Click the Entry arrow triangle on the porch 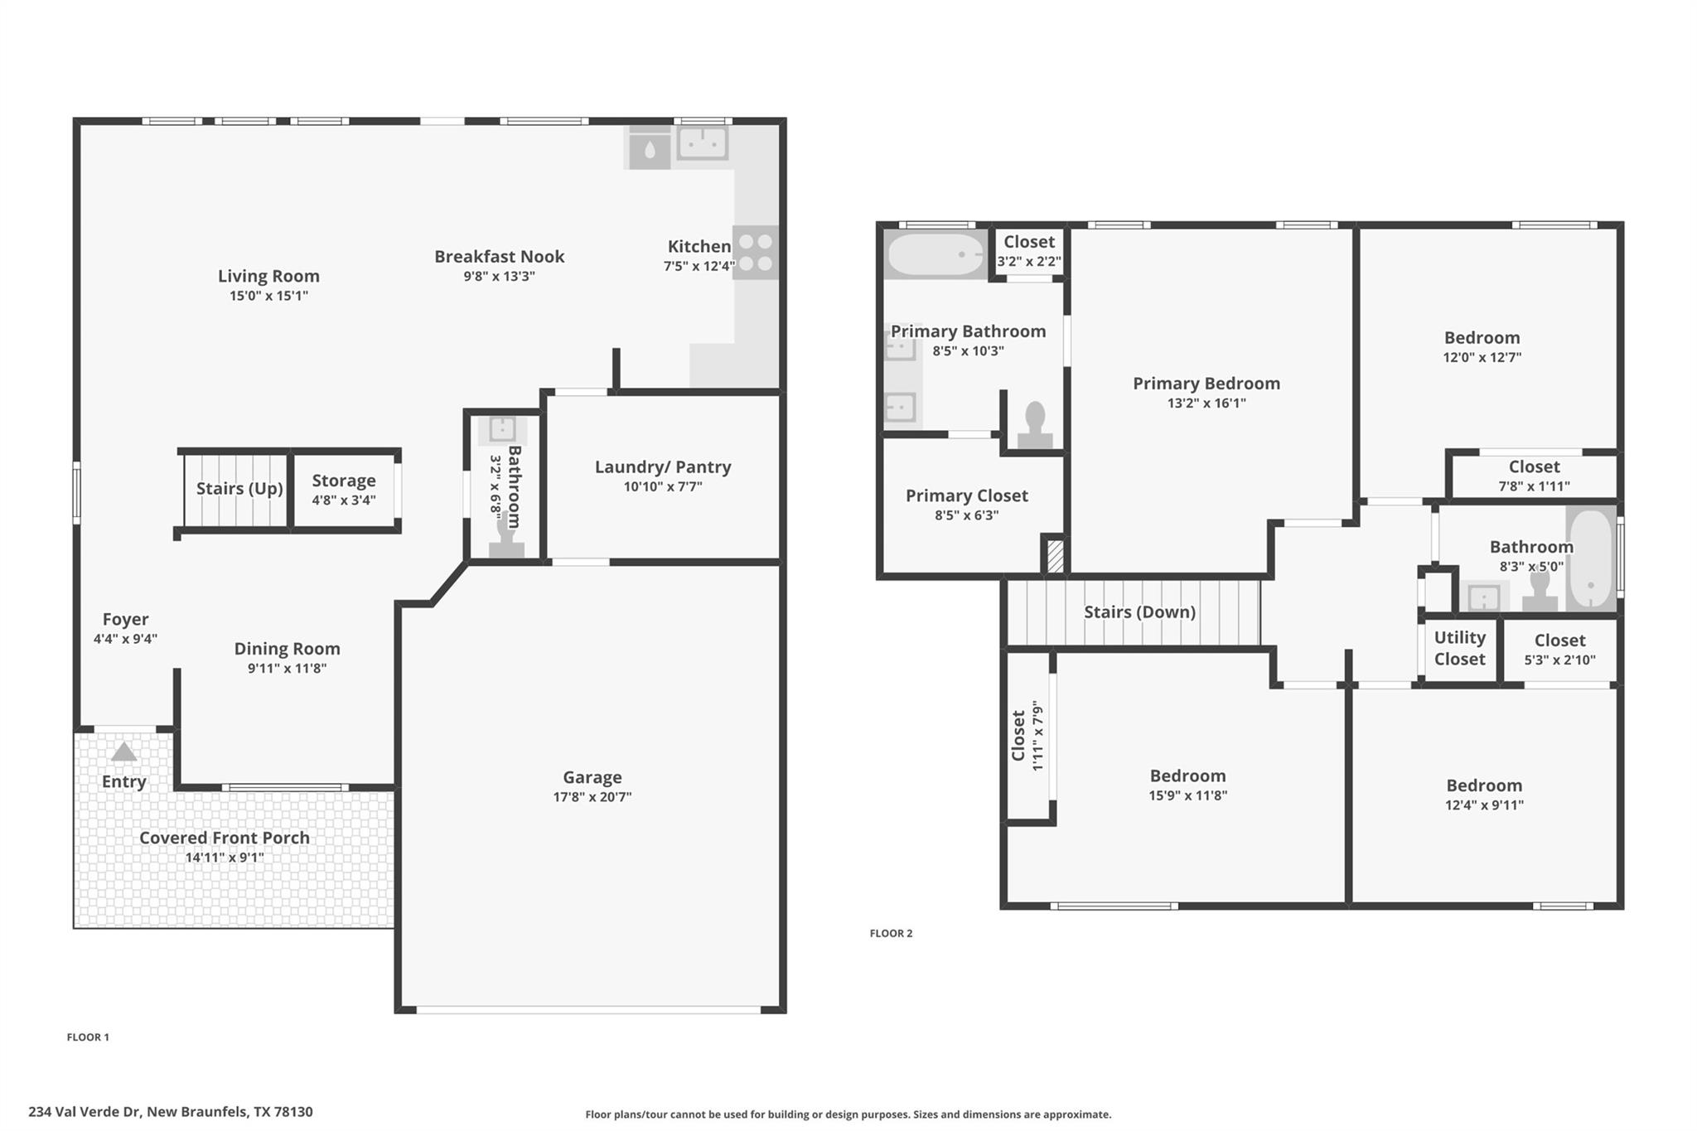click(123, 752)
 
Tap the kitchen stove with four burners click(755, 253)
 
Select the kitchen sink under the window click(703, 143)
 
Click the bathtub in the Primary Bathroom click(936, 254)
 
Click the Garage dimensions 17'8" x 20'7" click(592, 797)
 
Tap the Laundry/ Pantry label click(663, 467)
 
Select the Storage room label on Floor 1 click(344, 481)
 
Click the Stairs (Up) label click(239, 489)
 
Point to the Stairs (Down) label click(1139, 612)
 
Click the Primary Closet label click(966, 495)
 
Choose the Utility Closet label click(1459, 648)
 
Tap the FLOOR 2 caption click(891, 933)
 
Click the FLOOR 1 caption click(88, 1037)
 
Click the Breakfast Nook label click(499, 257)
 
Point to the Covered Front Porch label click(224, 838)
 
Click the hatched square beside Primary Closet click(1055, 555)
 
